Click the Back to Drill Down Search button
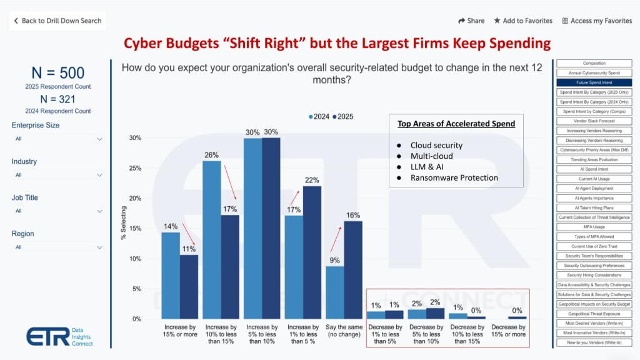tap(57, 21)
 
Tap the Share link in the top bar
tap(471, 21)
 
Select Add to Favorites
tap(523, 21)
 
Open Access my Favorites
tap(597, 21)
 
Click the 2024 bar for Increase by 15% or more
tap(171, 275)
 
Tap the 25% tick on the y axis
tap(135, 168)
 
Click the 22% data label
tap(311, 180)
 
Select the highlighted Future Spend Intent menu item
tap(594, 82)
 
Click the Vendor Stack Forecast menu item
tap(594, 121)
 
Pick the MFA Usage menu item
tap(594, 227)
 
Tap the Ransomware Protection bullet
tap(454, 177)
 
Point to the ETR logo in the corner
tap(48, 336)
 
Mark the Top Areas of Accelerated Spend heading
tap(456, 124)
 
